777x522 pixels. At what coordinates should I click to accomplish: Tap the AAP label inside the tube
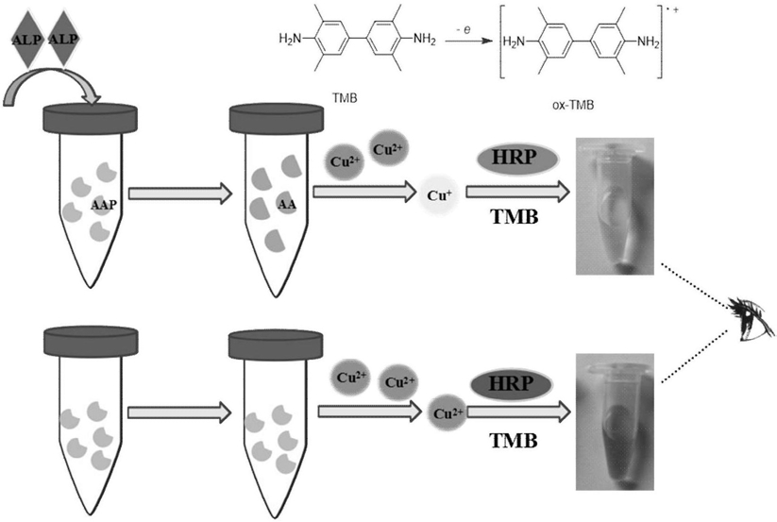coord(104,204)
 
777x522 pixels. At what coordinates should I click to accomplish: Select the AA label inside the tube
coord(287,204)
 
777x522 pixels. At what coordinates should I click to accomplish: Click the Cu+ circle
coord(439,195)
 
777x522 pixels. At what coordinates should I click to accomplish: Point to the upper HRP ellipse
coord(517,159)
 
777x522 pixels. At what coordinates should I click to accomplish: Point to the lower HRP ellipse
coord(511,384)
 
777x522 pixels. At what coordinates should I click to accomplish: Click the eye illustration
coord(751,319)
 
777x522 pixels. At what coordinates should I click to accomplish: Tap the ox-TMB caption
coord(573,105)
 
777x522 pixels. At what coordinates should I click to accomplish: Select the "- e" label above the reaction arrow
coord(464,30)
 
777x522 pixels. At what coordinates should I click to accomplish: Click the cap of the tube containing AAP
coord(91,119)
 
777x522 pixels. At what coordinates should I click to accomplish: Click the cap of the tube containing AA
coord(277,118)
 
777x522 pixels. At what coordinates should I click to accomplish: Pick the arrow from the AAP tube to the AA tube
coord(180,194)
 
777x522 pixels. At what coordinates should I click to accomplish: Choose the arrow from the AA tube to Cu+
coord(364,192)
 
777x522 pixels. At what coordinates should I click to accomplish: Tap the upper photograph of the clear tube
coord(615,206)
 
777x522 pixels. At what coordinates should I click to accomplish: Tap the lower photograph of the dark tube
coord(615,422)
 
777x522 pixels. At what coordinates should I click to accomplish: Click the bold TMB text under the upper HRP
coord(515,217)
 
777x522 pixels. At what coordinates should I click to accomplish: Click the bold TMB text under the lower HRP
coord(514,440)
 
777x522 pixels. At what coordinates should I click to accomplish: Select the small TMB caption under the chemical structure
coord(345,98)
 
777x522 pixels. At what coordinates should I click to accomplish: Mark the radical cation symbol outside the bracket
coord(673,10)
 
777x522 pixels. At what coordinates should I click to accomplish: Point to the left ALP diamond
coord(26,39)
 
